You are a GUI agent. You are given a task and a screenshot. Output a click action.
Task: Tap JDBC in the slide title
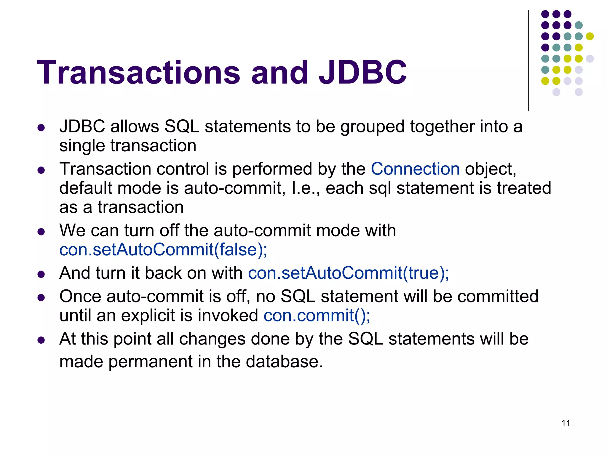pos(362,73)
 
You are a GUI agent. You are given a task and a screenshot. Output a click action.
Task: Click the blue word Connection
pos(415,169)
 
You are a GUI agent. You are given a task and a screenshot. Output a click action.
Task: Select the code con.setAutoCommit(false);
pos(163,250)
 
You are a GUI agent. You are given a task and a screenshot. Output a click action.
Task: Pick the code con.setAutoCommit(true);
pos(348,273)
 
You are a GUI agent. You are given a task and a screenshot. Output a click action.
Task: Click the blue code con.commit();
pos(317,315)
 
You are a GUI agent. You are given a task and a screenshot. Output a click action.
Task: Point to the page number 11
pos(566,423)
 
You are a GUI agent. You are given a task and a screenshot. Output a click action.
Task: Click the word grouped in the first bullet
pos(372,127)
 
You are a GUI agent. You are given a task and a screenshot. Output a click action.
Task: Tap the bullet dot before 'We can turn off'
pos(41,231)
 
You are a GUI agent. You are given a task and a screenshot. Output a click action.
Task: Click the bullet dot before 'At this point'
pos(41,340)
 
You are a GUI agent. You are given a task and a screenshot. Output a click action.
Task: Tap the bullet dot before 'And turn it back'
pos(41,274)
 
